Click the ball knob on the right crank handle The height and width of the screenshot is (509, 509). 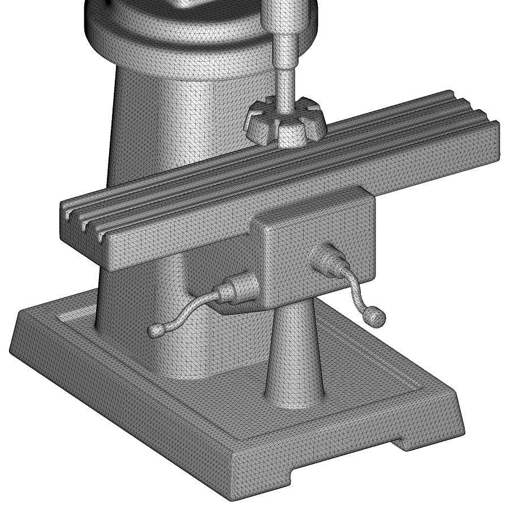click(x=376, y=317)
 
